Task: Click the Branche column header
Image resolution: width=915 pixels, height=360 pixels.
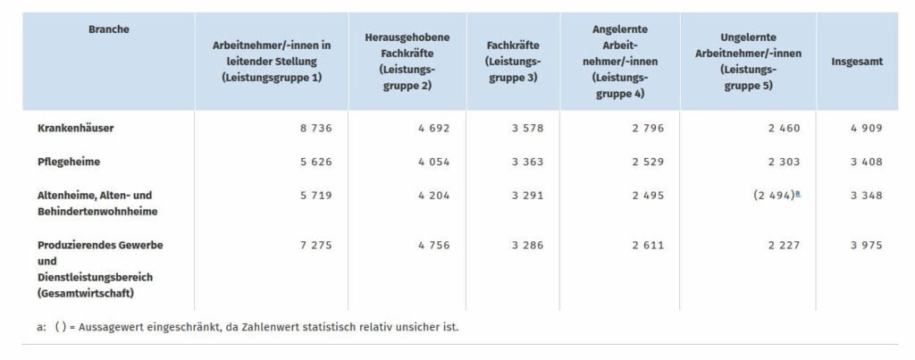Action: (108, 29)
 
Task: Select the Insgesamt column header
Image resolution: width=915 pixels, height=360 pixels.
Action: (857, 62)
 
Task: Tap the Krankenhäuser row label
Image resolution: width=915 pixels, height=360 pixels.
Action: (75, 129)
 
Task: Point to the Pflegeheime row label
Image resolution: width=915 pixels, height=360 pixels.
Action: (68, 162)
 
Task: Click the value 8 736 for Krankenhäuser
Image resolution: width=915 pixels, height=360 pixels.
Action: (315, 129)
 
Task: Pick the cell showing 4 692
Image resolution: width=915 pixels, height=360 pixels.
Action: (433, 129)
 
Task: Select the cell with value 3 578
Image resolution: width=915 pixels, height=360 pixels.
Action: (527, 129)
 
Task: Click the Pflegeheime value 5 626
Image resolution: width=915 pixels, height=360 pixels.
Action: (315, 162)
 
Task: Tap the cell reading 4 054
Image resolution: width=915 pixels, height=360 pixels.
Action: (433, 162)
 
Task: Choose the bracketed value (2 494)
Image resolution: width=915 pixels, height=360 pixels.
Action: (774, 196)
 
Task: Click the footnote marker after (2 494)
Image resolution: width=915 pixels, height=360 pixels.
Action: (798, 193)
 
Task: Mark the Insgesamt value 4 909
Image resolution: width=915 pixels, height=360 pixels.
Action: (866, 129)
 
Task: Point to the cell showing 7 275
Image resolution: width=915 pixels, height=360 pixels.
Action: (315, 246)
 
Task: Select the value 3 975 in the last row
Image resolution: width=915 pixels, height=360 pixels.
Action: (866, 246)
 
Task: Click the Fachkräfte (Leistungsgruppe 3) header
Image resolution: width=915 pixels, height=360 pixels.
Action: (513, 62)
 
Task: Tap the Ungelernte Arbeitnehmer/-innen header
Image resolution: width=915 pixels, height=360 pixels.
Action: (748, 62)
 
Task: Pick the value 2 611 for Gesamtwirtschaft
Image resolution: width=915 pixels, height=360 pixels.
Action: (648, 246)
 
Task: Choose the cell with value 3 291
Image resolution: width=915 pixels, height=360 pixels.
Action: (527, 196)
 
